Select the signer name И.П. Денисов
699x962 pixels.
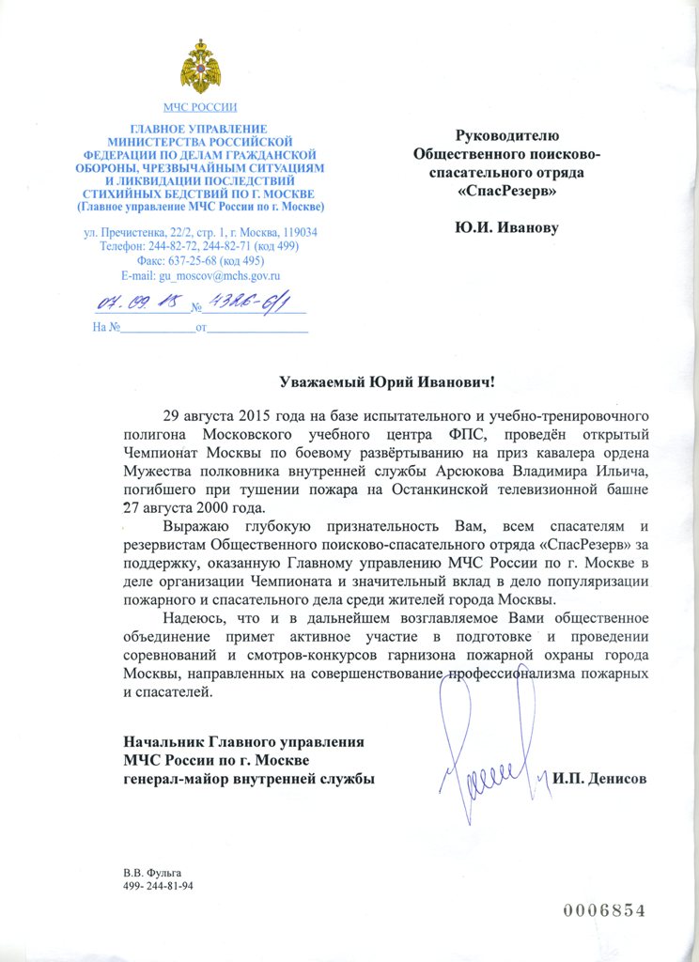pos(599,779)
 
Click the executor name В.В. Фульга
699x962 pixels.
pos(151,874)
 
